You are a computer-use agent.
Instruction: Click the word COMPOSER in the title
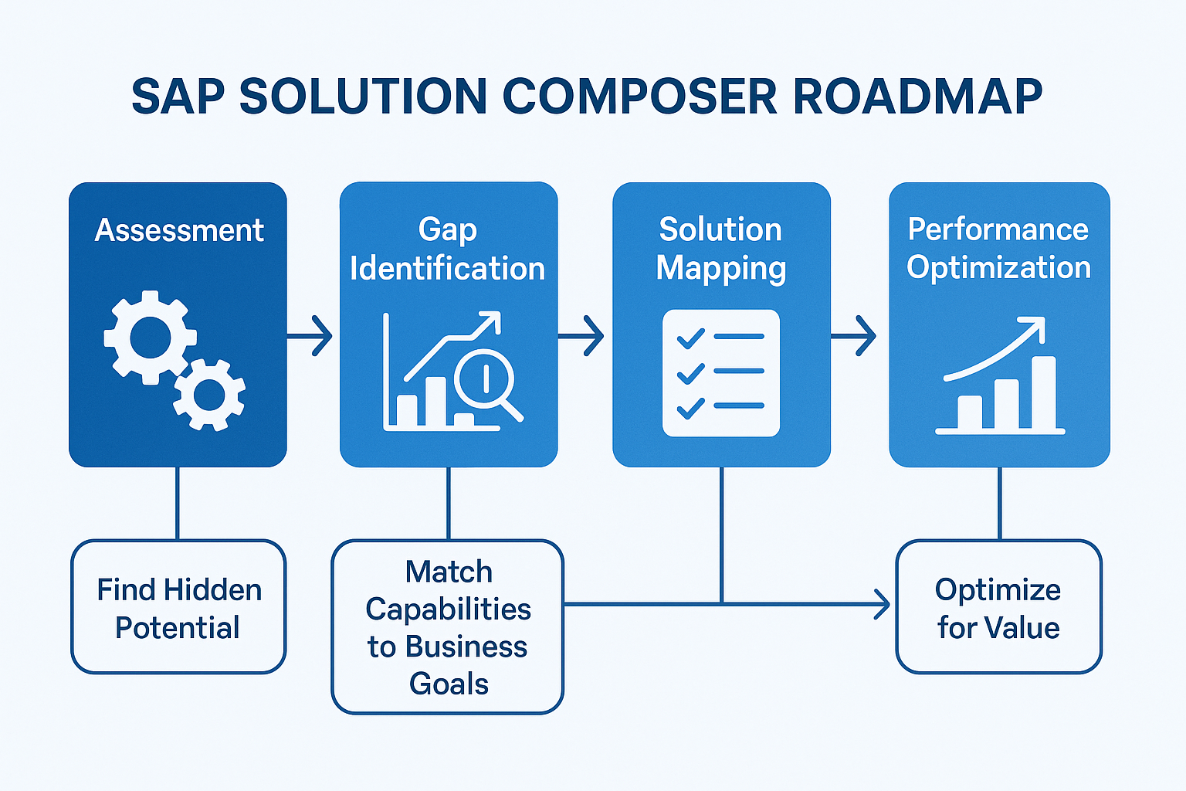click(639, 97)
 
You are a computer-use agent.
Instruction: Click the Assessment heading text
click(179, 230)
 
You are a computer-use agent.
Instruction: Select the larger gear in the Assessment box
click(150, 338)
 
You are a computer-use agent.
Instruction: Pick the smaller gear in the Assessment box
click(209, 395)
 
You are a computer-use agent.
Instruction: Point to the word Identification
click(448, 269)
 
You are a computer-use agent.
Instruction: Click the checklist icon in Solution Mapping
click(721, 373)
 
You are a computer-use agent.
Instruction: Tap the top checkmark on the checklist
click(690, 338)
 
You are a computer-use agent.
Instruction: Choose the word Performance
click(998, 229)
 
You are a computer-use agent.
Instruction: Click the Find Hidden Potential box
click(178, 607)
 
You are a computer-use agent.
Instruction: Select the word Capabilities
click(449, 609)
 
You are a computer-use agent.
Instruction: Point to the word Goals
click(449, 684)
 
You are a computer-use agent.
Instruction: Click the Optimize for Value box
click(998, 607)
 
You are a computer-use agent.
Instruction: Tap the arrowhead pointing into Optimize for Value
click(883, 603)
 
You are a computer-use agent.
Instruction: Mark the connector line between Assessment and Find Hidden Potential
click(178, 504)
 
